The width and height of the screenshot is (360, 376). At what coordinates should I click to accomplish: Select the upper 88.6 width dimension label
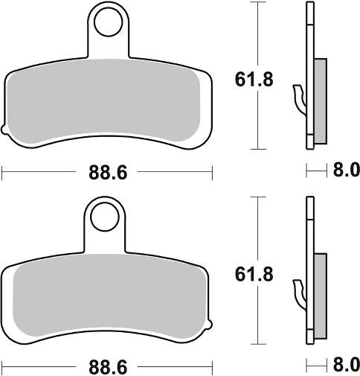click(x=108, y=173)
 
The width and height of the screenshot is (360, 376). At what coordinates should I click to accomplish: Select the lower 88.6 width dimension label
click(x=108, y=368)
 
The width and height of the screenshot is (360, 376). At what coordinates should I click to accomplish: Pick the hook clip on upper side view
click(x=300, y=97)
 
